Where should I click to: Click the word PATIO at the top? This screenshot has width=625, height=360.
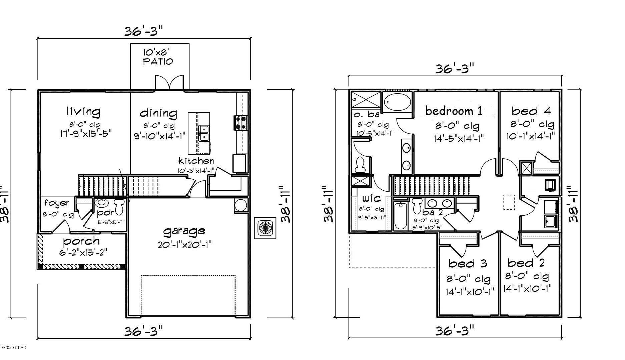pyautogui.click(x=158, y=62)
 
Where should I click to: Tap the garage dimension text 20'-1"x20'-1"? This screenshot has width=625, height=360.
pyautogui.click(x=184, y=245)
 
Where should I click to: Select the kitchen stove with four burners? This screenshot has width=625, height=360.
pyautogui.click(x=241, y=122)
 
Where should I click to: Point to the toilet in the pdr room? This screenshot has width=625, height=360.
pyautogui.click(x=119, y=206)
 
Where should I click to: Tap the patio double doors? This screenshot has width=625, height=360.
pyautogui.click(x=169, y=83)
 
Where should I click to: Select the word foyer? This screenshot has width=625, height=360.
pyautogui.click(x=57, y=203)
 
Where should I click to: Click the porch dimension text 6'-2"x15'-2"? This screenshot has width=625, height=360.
pyautogui.click(x=83, y=252)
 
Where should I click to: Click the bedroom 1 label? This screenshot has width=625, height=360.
pyautogui.click(x=454, y=111)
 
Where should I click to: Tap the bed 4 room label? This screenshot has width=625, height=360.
pyautogui.click(x=531, y=111)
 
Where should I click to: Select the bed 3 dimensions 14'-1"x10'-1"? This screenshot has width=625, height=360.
pyautogui.click(x=470, y=291)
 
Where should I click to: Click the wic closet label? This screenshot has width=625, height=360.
pyautogui.click(x=371, y=198)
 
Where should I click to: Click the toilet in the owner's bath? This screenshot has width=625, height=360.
pyautogui.click(x=360, y=164)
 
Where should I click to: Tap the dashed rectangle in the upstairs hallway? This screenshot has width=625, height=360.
pyautogui.click(x=509, y=202)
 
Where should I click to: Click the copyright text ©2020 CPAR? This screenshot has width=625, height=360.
pyautogui.click(x=13, y=348)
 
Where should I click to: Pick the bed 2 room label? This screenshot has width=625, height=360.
pyautogui.click(x=526, y=263)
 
